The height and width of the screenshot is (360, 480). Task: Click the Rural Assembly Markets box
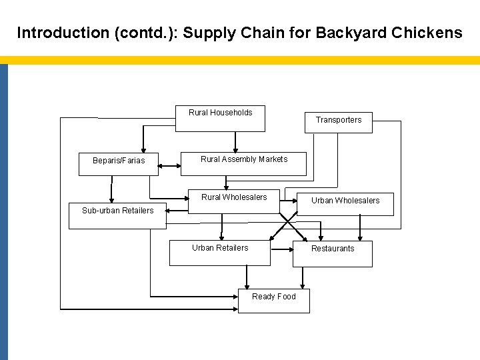(x=243, y=164)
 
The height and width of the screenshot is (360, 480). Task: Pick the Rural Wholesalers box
(x=233, y=202)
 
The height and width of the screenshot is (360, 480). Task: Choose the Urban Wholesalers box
(x=345, y=204)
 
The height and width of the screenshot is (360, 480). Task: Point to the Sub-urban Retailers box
(x=117, y=217)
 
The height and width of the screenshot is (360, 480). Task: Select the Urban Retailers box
(x=219, y=253)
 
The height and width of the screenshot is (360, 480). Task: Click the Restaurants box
(x=333, y=253)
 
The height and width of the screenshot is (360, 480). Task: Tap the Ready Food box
(x=273, y=301)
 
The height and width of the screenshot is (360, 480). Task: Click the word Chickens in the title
(x=430, y=33)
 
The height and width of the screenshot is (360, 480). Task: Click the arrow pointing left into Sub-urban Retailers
(x=175, y=209)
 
